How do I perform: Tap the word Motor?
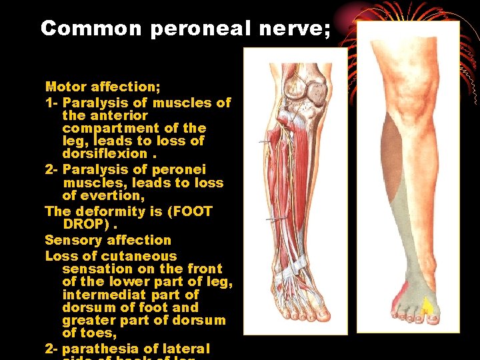(67, 87)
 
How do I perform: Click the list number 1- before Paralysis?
(51, 103)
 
